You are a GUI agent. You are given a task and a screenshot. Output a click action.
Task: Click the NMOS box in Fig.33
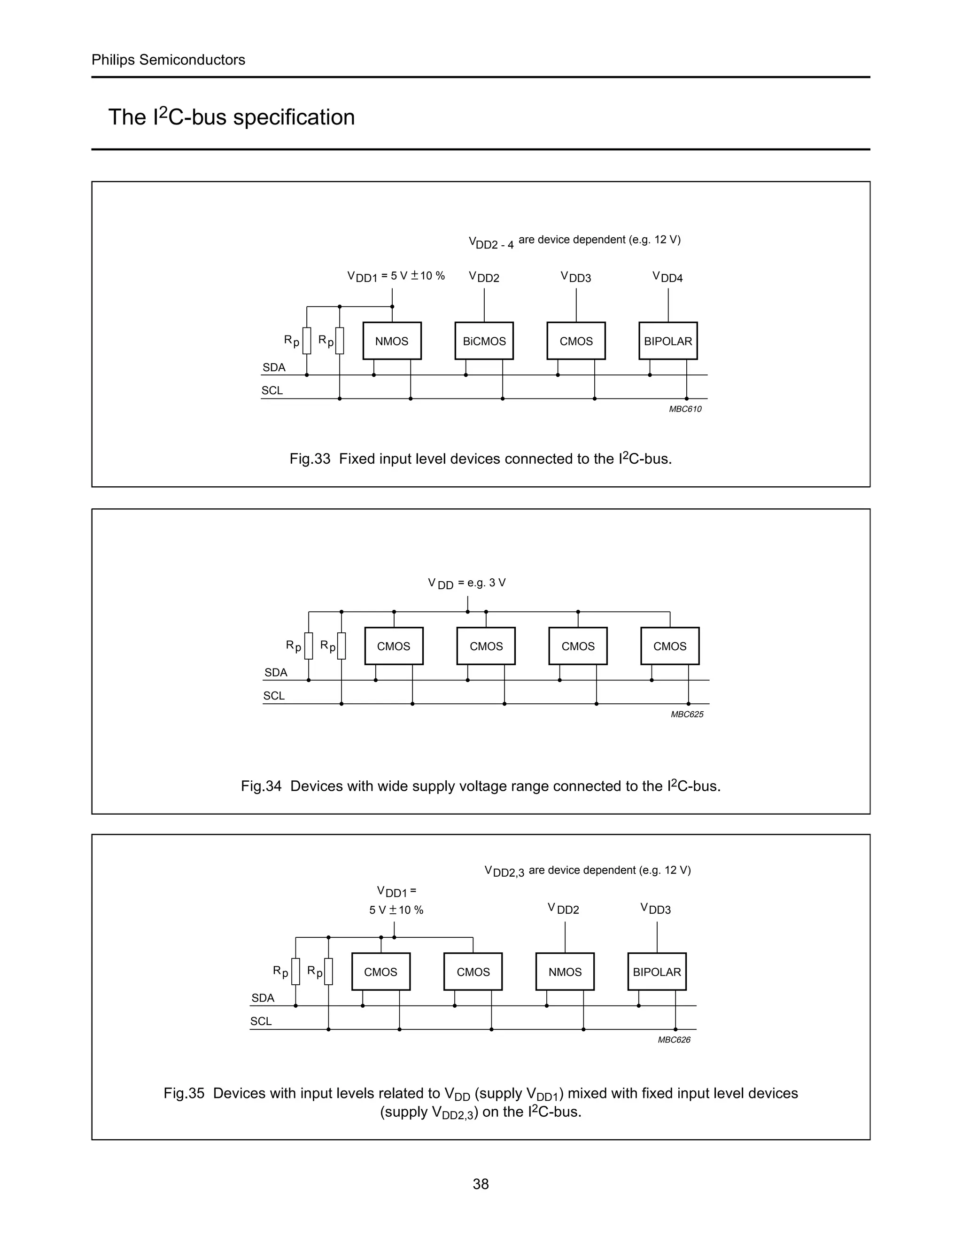point(392,341)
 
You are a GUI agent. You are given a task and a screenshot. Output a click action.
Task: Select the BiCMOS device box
point(484,341)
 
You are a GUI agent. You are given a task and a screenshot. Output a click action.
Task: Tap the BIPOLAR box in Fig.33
point(668,341)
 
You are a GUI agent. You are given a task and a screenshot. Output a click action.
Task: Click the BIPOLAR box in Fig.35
point(657,972)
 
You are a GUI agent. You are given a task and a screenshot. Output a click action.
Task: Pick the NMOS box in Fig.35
point(565,972)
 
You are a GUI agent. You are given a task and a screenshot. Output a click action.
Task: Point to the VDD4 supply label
point(667,278)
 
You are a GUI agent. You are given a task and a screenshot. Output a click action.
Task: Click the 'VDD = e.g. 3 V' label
point(467,583)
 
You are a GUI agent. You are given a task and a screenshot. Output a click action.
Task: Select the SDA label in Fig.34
point(276,673)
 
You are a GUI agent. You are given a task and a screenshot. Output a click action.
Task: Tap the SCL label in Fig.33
point(272,390)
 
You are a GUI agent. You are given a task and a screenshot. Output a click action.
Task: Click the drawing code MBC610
point(685,409)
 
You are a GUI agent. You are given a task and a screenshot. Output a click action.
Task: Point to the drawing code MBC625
point(687,714)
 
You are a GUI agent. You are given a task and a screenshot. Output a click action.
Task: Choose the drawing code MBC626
point(674,1040)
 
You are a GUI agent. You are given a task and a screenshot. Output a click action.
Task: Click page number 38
point(481,1184)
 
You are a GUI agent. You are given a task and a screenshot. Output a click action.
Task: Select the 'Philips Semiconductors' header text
point(168,60)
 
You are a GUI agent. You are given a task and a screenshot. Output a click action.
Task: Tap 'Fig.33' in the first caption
point(310,459)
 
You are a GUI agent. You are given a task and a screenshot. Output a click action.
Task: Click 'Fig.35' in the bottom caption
point(184,1093)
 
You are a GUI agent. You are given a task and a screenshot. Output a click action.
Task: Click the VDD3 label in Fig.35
point(655,909)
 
